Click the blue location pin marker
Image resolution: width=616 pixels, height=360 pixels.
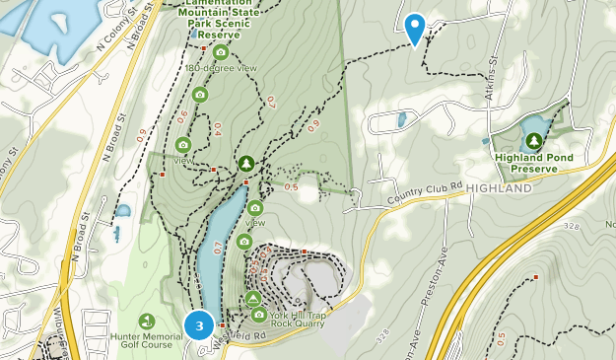[415, 28]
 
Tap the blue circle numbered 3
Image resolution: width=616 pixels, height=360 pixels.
[199, 324]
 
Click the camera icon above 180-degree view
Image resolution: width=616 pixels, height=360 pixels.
[221, 51]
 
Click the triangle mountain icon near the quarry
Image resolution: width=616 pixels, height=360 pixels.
[253, 298]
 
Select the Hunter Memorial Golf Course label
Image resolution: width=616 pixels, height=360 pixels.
[153, 341]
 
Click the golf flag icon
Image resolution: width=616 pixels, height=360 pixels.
[147, 322]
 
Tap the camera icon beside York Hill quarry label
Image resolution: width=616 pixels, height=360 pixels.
[259, 315]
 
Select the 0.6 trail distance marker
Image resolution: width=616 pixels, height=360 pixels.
[182, 116]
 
